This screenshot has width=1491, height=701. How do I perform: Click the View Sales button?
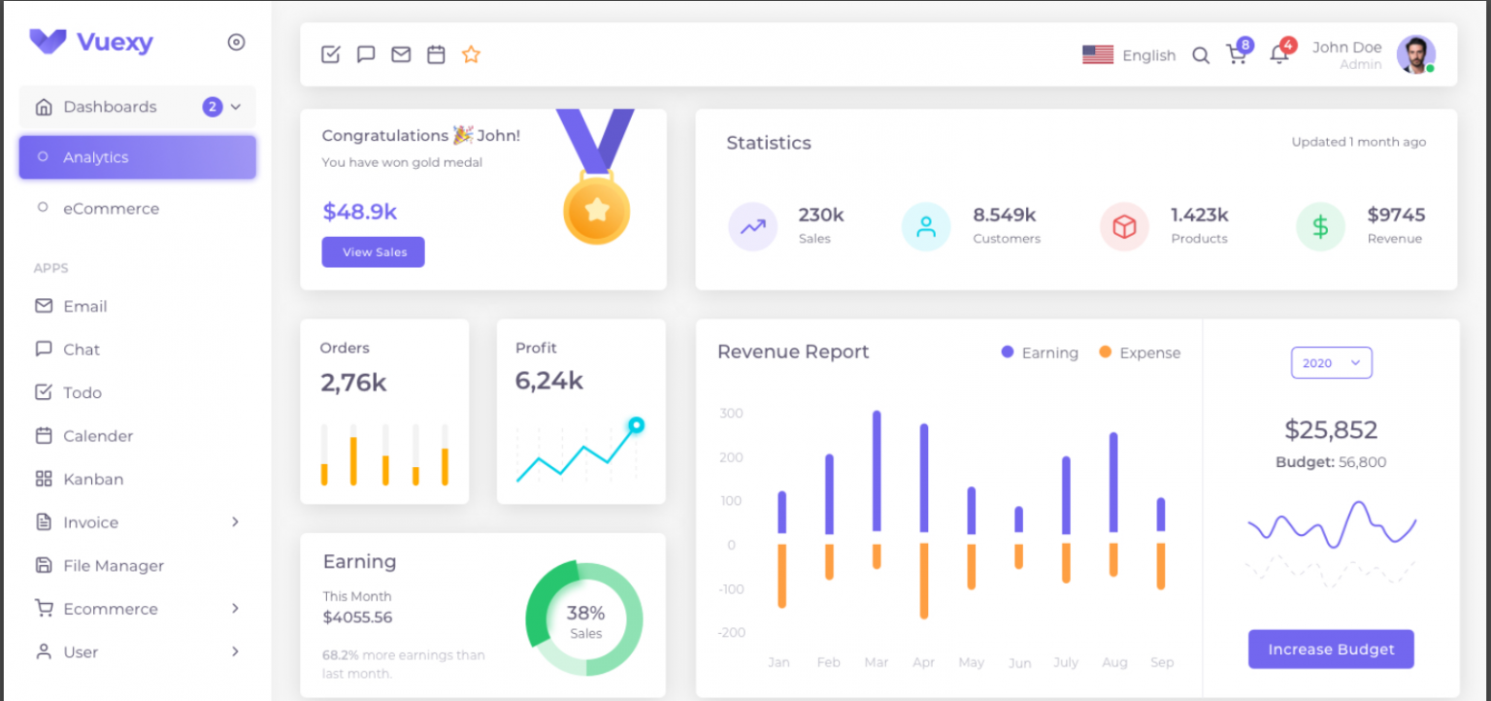(x=374, y=252)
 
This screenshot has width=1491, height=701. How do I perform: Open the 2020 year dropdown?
(x=1331, y=363)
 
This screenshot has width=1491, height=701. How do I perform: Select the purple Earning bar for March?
(x=877, y=470)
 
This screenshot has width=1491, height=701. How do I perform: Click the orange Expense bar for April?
(x=924, y=581)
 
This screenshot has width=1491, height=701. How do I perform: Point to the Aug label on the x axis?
(x=1114, y=662)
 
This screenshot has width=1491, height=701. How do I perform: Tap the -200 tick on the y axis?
(x=732, y=633)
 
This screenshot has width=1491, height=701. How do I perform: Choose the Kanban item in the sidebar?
(x=93, y=480)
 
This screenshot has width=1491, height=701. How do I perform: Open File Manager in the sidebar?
(x=113, y=566)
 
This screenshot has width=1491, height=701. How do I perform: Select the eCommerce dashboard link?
(x=111, y=209)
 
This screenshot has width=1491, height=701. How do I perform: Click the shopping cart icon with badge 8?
(x=1237, y=55)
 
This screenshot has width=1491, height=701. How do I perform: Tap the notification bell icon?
(x=1279, y=55)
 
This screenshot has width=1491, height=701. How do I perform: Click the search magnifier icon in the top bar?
(x=1201, y=55)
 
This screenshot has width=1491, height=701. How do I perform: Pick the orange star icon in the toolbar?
(x=471, y=55)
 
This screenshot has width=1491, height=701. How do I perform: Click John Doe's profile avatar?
(x=1415, y=54)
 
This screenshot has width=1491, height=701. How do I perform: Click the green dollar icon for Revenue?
(x=1320, y=227)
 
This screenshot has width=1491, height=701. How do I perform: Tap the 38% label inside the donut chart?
(x=585, y=614)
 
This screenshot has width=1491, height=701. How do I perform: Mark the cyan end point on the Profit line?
(x=636, y=425)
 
